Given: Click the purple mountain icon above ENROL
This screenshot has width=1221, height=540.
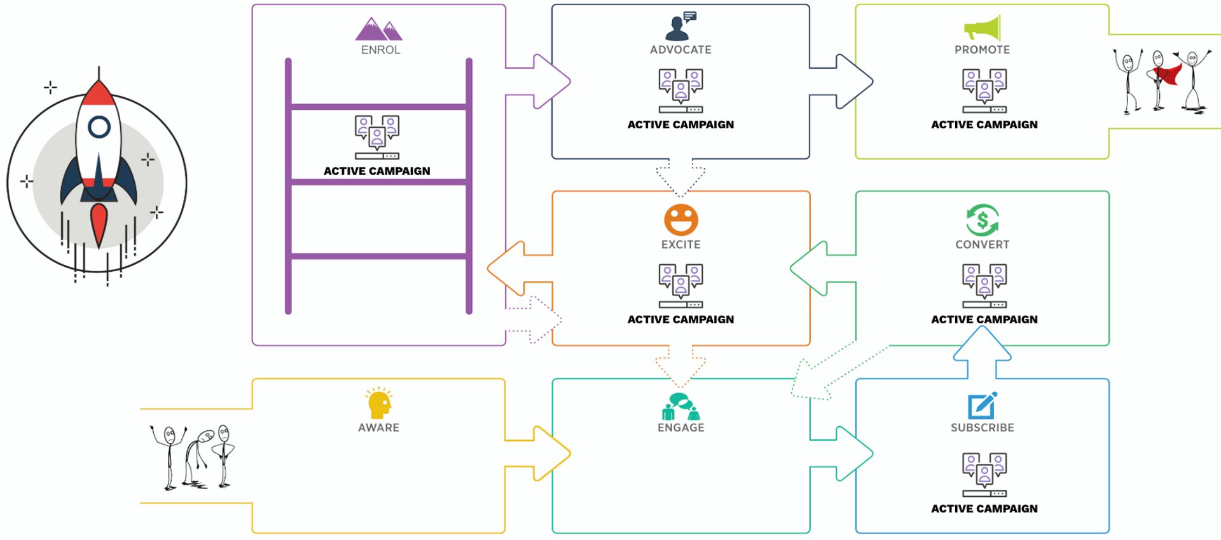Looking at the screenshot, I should tap(379, 29).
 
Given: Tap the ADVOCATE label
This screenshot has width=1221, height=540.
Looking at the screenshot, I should tap(680, 50).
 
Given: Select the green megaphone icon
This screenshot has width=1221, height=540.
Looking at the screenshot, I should tap(983, 28).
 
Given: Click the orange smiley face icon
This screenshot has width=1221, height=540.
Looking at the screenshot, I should tap(681, 220).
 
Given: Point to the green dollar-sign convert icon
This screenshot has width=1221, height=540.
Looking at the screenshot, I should tap(983, 220).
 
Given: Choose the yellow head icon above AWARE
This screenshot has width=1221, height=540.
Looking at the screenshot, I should tap(379, 403).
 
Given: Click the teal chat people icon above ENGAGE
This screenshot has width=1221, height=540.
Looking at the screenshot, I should tap(680, 407).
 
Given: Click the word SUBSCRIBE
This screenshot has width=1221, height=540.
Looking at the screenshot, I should tap(983, 428).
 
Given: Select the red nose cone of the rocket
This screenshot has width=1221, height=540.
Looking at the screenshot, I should tap(99, 94).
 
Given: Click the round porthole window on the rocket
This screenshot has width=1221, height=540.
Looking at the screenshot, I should tap(99, 127).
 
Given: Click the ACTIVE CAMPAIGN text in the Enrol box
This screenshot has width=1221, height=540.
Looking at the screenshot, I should tap(377, 171).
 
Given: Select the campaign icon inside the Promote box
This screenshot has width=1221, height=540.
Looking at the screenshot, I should tap(984, 91).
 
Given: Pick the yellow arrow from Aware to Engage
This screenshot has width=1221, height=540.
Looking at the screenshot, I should tap(541, 453).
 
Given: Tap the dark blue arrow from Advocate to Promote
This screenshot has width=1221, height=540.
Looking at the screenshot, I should tap(846, 81).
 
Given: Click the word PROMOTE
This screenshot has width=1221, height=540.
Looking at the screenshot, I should tap(983, 50).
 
